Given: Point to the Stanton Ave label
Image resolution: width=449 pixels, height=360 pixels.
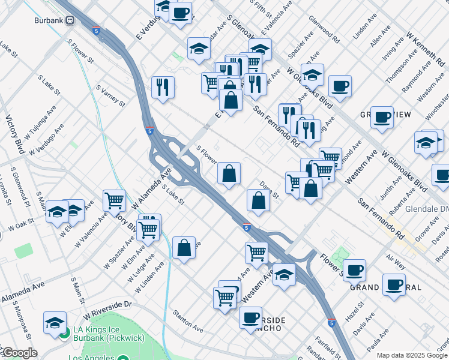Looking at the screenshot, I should pyautogui.click(x=188, y=320).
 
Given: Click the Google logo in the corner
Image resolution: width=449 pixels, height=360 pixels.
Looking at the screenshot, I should pyautogui.click(x=19, y=353).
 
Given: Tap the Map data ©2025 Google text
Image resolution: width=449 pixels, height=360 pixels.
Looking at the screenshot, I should pyautogui.click(x=412, y=355).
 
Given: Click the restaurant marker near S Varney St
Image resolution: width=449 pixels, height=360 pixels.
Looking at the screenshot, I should pyautogui.click(x=163, y=86).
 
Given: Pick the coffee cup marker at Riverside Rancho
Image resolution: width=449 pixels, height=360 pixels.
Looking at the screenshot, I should pyautogui.click(x=250, y=317).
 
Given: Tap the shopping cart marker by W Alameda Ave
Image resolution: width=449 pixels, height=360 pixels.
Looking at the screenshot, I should pyautogui.click(x=114, y=200).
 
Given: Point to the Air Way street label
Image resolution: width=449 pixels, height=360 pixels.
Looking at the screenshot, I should pyautogui.click(x=396, y=260).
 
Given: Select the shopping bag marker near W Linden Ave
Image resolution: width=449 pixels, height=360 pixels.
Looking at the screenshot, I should pyautogui.click(x=184, y=247).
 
